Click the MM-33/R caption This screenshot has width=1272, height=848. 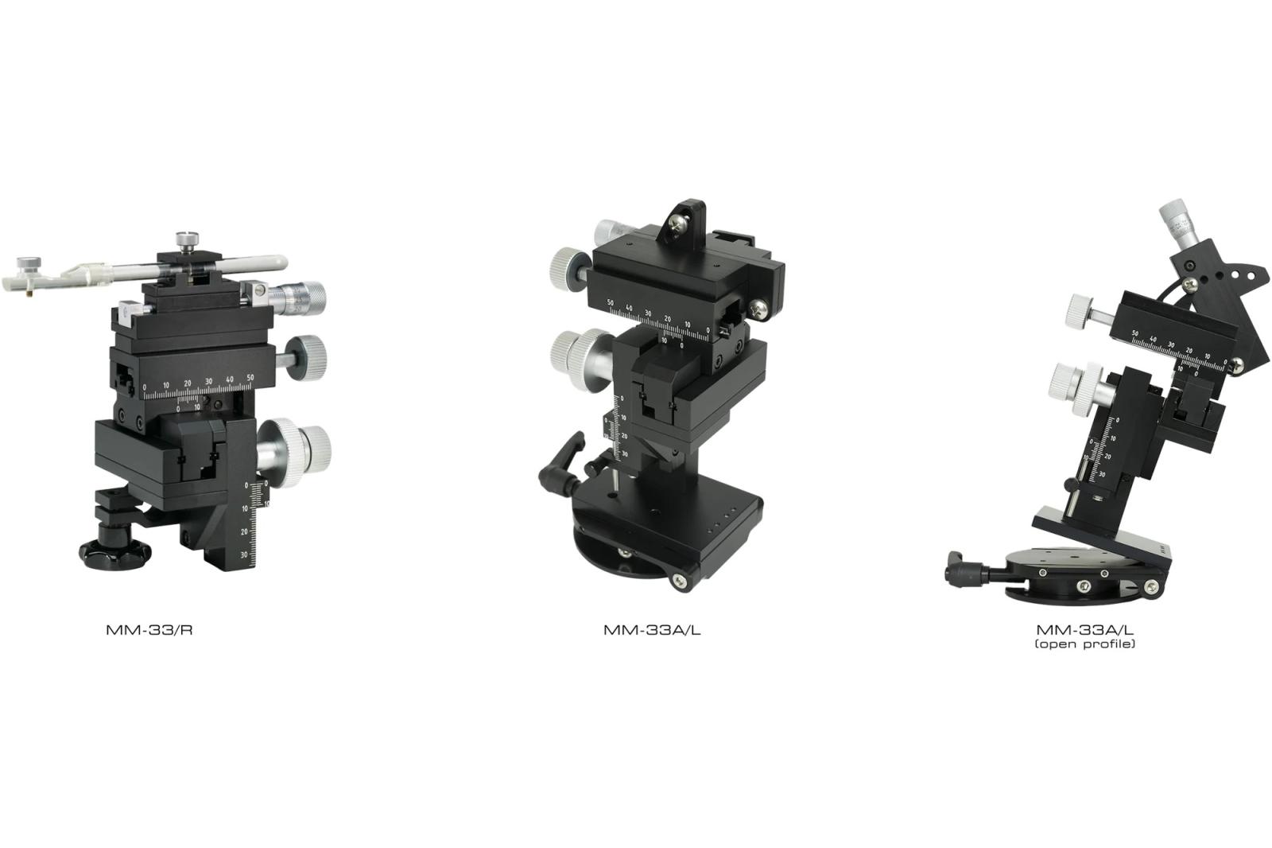tap(149, 630)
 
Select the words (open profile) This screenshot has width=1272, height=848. tap(1085, 644)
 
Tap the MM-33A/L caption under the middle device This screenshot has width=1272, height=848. tap(652, 630)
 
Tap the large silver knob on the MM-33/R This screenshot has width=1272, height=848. tap(294, 452)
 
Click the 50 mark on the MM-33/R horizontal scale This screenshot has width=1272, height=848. tap(250, 377)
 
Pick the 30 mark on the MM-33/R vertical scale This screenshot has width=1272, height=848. tap(244, 555)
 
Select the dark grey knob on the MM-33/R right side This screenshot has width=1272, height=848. tap(305, 357)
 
